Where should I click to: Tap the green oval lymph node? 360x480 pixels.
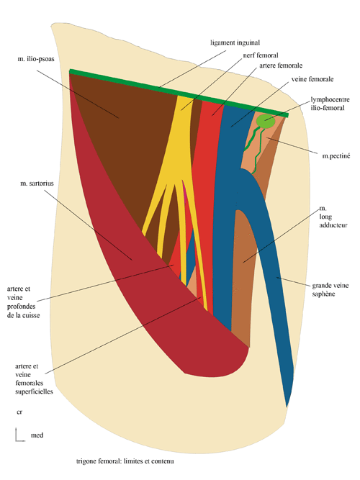coord(267,122)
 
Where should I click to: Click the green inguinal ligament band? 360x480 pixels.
coord(173,91)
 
